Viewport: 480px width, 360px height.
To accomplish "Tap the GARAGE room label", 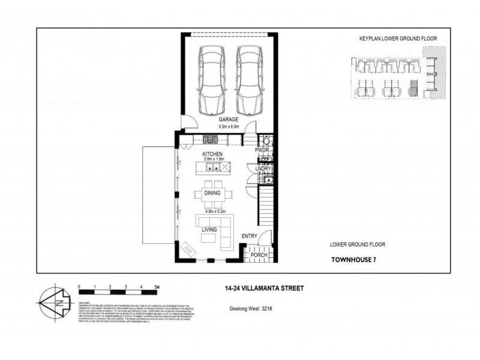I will tap(228, 119).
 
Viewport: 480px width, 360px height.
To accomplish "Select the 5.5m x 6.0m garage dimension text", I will tap(228, 127).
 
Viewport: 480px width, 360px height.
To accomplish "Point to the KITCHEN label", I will tap(212, 154).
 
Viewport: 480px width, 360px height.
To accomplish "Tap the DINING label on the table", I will tap(212, 193).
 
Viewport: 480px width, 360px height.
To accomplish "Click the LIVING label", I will tap(209, 230).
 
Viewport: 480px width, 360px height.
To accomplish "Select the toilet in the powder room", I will tap(268, 141).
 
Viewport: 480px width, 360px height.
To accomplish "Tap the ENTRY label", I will tap(249, 236).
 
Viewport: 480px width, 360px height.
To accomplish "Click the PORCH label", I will tap(259, 255).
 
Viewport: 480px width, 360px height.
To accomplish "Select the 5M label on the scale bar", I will tap(157, 287).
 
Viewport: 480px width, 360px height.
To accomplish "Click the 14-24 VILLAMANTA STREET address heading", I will tap(260, 288).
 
